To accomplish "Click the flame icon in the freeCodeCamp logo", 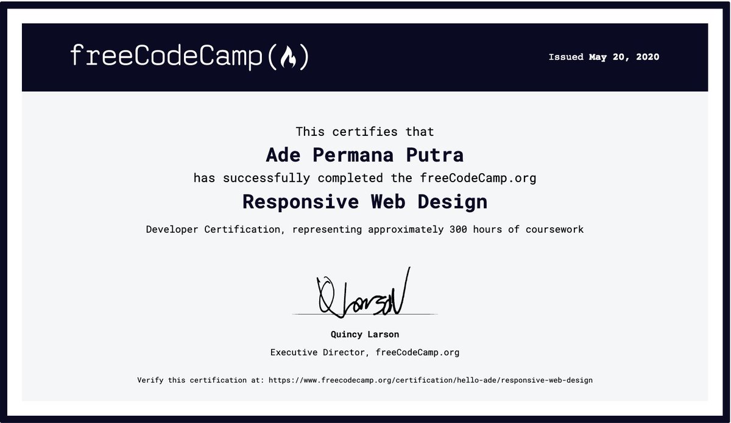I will [x=288, y=57].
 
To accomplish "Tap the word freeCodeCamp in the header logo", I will [x=168, y=57].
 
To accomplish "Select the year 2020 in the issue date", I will [x=647, y=57].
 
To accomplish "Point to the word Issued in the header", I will [x=566, y=57].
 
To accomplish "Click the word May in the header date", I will [x=598, y=57].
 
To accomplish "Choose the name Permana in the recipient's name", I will [x=355, y=155].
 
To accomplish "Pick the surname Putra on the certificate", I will [x=435, y=155].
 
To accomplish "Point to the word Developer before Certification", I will [x=172, y=230].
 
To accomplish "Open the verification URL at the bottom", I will [x=429, y=380].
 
